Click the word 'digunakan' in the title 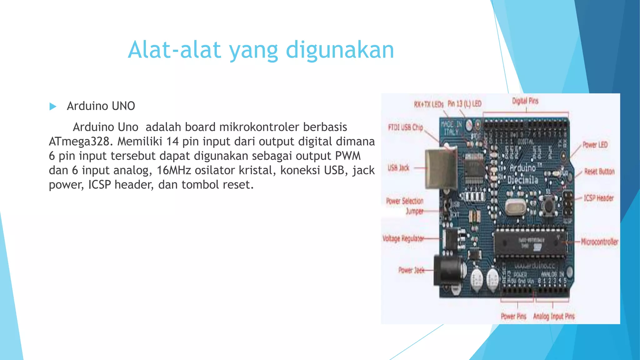tap(340, 50)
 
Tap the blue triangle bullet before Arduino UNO tap(53, 107)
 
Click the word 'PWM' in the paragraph tap(348, 156)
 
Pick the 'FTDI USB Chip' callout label tap(405, 127)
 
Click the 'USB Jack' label tap(398, 168)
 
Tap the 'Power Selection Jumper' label tap(405, 206)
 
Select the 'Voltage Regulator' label tap(403, 239)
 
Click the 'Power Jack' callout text tap(411, 270)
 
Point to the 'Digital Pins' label tap(525, 101)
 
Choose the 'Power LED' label tap(595, 145)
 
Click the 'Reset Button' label tap(599, 172)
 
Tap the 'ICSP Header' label tap(598, 198)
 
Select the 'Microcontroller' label tap(599, 242)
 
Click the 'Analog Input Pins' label tap(554, 317)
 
